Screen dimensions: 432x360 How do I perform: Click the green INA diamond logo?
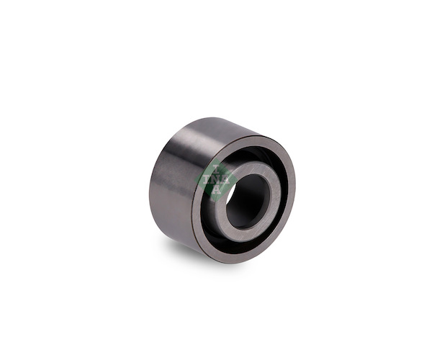tap(216, 180)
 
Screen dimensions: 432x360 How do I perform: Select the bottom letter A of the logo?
tap(217, 189)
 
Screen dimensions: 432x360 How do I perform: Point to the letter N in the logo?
tap(216, 179)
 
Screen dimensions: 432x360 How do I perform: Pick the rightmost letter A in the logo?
tap(225, 179)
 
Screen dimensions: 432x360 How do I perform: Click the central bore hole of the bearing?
tap(246, 202)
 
